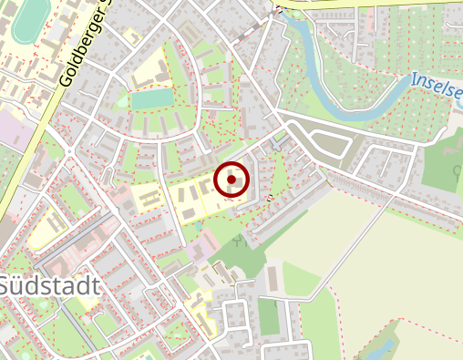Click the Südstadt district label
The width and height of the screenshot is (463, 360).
coord(49,285)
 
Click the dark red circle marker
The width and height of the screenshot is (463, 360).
coord(232,180)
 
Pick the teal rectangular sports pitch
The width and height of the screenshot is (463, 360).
coord(150,98)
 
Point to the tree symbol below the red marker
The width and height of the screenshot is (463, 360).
coord(239,241)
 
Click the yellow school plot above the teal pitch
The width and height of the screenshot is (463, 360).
coord(150,68)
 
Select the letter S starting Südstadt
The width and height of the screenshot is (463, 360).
coord(5,286)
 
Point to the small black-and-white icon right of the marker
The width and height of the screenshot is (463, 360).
coord(270,196)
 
